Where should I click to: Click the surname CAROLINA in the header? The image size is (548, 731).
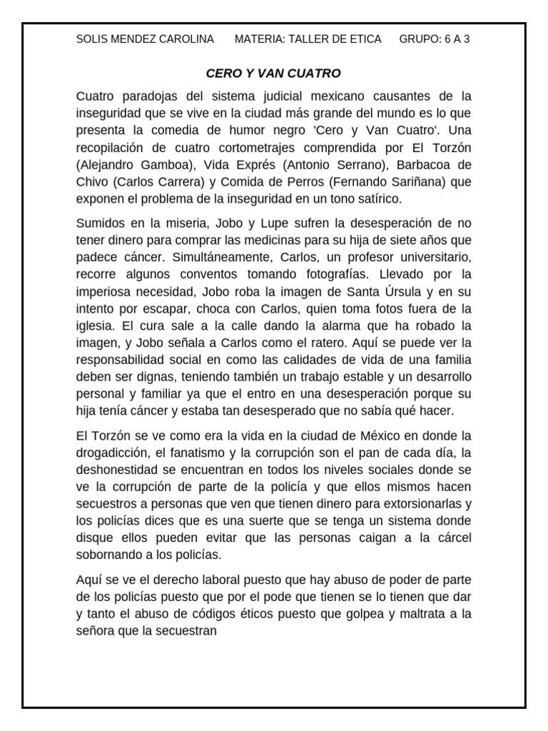(188, 39)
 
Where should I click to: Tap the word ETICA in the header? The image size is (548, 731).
(365, 39)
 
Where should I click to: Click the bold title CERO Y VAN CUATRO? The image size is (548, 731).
(273, 74)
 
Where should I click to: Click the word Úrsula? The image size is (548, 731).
(407, 291)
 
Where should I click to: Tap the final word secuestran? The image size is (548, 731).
(189, 631)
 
